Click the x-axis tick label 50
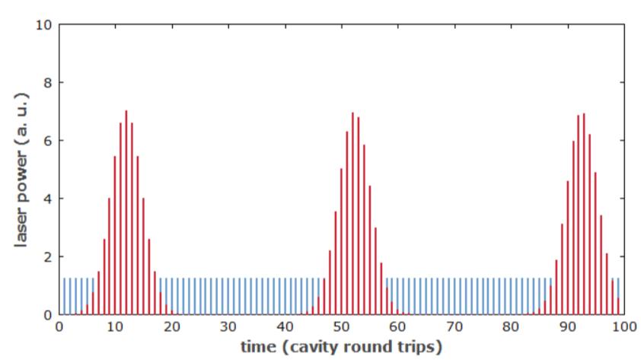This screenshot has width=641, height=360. [342, 327]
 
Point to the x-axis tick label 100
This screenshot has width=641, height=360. [623, 327]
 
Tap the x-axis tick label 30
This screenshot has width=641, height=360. [229, 327]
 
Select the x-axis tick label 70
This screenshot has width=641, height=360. [454, 327]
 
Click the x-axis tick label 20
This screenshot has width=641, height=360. [173, 327]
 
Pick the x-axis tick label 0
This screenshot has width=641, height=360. [59, 327]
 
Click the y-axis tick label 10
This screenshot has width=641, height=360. [44, 24]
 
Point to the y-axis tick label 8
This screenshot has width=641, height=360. [47, 82]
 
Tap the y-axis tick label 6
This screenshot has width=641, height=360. [47, 141]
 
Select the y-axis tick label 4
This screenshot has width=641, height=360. [47, 199]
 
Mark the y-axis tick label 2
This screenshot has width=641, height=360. [47, 256]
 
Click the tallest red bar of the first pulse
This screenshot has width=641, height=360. [126, 213]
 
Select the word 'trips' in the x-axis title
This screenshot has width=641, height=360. [418, 348]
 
